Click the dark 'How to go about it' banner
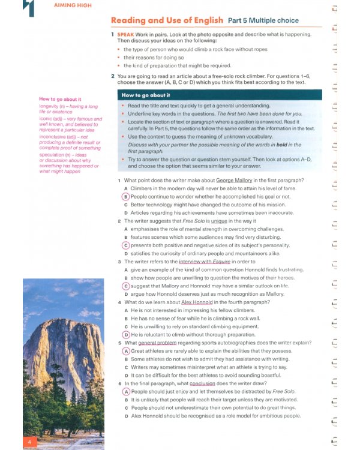(219, 95)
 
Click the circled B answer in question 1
(125, 196)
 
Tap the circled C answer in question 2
(125, 245)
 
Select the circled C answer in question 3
(125, 286)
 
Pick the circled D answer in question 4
(125, 335)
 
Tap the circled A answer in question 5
(125, 351)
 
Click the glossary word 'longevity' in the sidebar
(51, 106)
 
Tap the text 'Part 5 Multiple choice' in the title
(263, 20)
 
